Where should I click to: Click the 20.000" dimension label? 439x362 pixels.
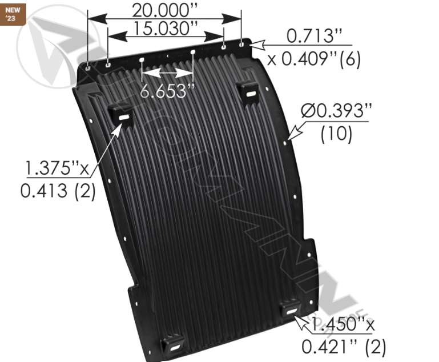tap(163, 10)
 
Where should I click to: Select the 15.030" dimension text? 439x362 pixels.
tap(163, 27)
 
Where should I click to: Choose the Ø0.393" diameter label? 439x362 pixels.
tap(334, 112)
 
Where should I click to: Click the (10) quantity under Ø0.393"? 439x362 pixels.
tap(336, 134)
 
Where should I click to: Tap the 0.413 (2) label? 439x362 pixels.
tap(58, 191)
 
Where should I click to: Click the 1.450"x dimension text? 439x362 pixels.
tap(341, 325)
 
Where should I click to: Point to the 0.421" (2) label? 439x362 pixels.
tap(344, 346)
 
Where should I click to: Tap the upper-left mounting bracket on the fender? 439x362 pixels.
tap(122, 114)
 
